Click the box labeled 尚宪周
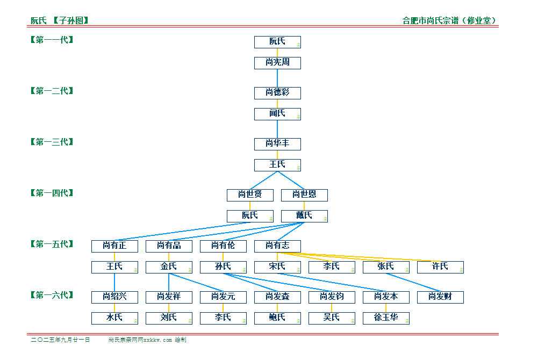pos(277,63)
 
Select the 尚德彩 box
pos(277,93)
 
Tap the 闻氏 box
pos(277,114)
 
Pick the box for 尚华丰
pos(277,144)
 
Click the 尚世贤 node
pos(250,195)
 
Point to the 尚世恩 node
pos(305,195)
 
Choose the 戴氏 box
pos(305,216)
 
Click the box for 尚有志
pos(277,246)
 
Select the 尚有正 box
pos(115,246)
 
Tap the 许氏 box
pos(440,267)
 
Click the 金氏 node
pos(169,267)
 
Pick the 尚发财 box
pos(440,297)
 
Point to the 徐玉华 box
pos(386,318)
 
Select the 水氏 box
pos(115,318)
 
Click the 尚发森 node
pos(277,297)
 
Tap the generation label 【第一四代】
pos(52,193)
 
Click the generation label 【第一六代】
pos(52,295)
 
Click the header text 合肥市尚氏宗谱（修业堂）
pos(449,20)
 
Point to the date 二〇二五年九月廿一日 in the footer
pos(60,340)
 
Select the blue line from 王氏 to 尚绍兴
pos(115,282)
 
